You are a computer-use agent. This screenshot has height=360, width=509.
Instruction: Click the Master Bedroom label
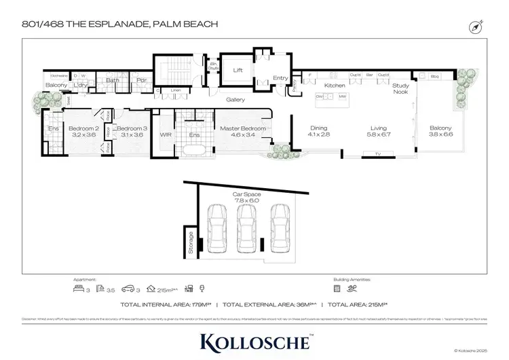click(242, 128)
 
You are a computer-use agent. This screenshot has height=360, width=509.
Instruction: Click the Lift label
click(238, 70)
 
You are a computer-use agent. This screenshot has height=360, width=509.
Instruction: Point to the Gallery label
click(235, 100)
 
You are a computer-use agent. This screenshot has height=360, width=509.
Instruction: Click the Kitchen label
click(335, 86)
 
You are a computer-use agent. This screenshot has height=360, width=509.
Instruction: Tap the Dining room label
click(319, 128)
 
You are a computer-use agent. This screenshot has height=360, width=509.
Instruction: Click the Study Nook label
click(400, 89)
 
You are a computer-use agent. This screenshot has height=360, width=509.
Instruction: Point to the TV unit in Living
click(378, 156)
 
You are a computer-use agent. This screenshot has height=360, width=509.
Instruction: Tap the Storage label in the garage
click(191, 242)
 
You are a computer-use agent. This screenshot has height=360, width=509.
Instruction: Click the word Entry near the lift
click(280, 78)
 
